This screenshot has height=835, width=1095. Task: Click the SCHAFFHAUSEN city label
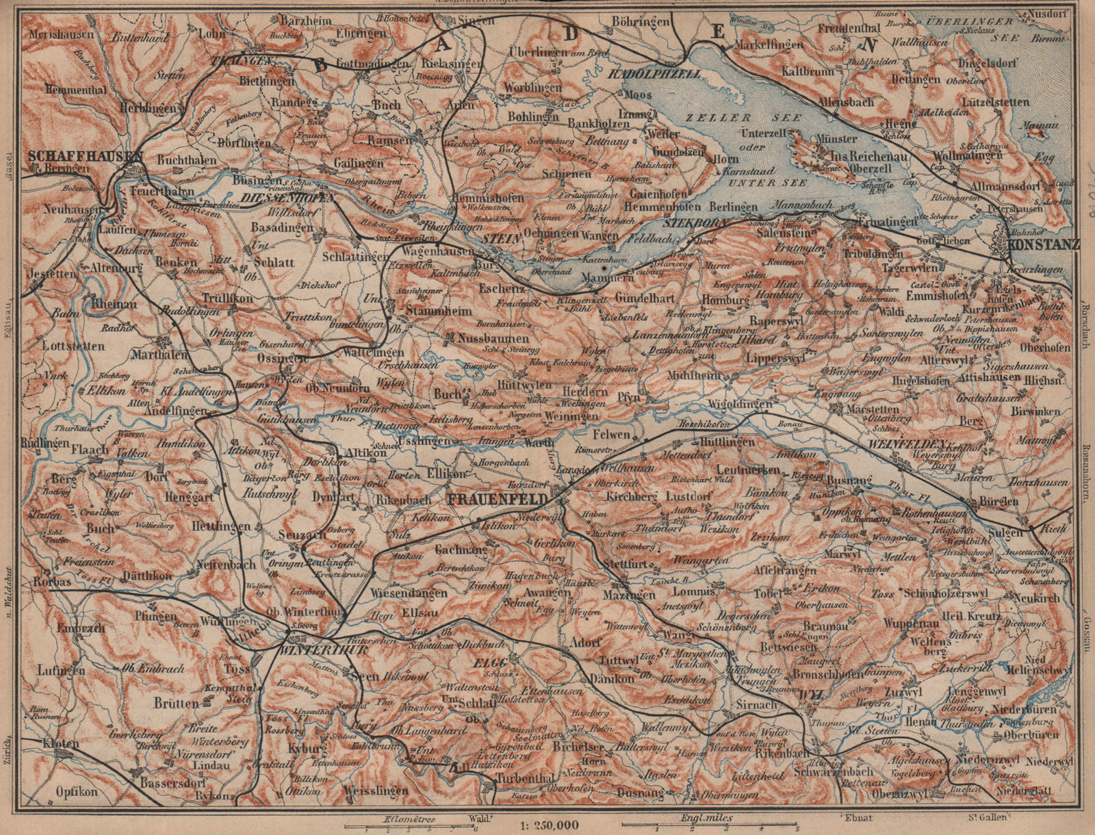pyautogui.click(x=84, y=155)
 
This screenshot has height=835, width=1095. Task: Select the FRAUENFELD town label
pyautogui.click(x=496, y=499)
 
